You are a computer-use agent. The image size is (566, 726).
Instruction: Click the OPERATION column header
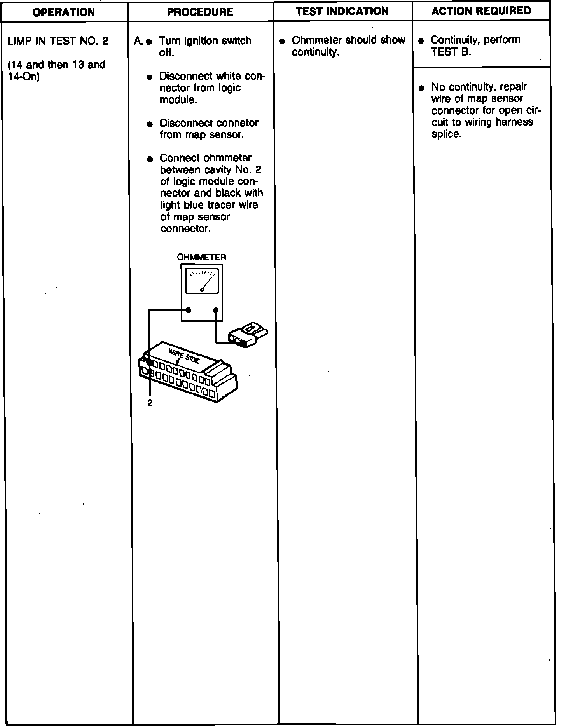click(64, 12)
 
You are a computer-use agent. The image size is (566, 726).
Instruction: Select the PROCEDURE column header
click(200, 12)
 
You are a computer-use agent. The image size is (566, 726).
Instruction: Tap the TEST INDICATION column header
click(342, 11)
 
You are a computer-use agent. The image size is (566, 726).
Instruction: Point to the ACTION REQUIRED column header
click(481, 11)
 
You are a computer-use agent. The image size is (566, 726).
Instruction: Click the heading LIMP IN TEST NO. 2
click(58, 41)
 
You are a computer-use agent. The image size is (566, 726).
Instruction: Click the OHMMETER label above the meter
click(201, 257)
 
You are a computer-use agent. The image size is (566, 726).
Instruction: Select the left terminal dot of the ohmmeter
click(189, 310)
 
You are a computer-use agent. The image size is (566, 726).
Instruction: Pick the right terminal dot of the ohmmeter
click(216, 310)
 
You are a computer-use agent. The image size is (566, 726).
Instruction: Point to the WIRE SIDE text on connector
click(184, 356)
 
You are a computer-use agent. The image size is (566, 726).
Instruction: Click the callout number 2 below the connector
click(150, 403)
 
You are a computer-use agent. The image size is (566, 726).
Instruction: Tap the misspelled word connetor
click(238, 123)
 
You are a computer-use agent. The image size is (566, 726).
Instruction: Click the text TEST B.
click(451, 52)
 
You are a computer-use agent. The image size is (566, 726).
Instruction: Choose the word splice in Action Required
click(446, 134)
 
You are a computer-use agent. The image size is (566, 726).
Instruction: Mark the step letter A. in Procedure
click(138, 41)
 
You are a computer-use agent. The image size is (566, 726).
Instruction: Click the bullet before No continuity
click(421, 88)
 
